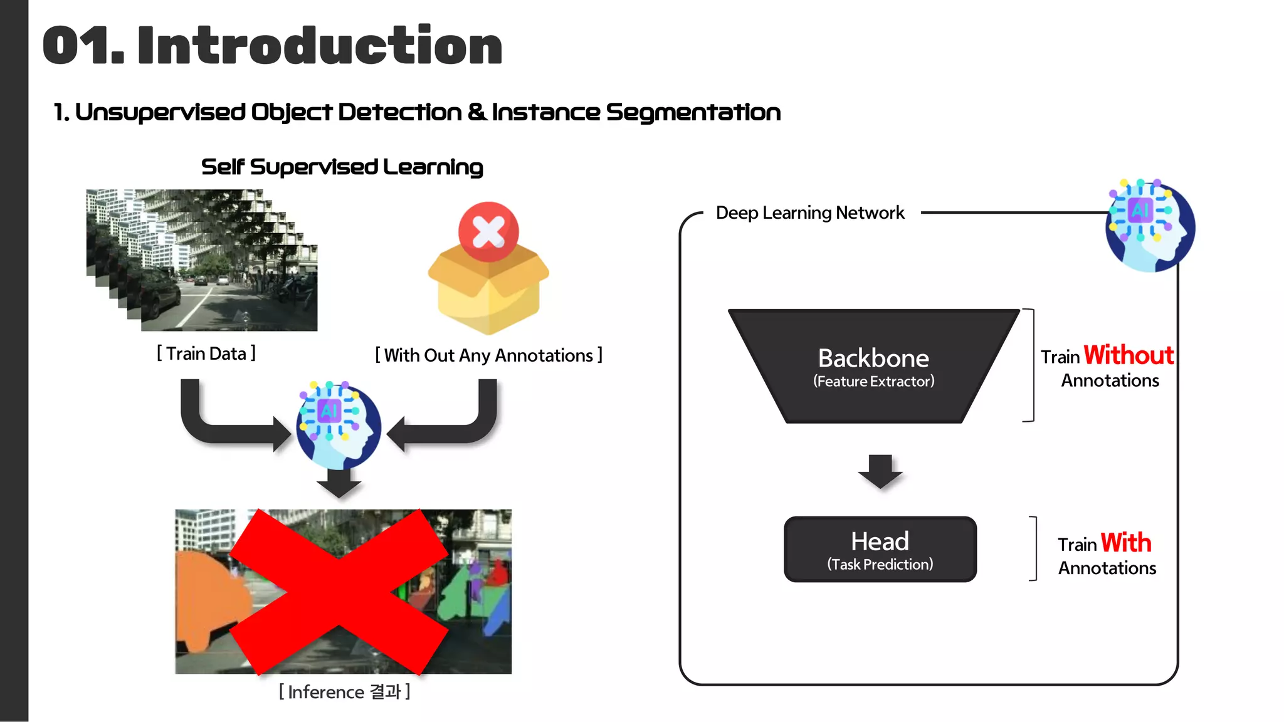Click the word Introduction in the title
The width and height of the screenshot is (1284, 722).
(x=320, y=46)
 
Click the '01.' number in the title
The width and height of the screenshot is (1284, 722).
(x=83, y=46)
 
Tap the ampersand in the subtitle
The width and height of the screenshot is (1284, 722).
(x=476, y=112)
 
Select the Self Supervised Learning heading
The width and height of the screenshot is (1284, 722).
(x=342, y=167)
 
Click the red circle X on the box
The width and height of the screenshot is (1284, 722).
(x=488, y=231)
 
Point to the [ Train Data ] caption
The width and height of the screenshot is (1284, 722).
(x=206, y=353)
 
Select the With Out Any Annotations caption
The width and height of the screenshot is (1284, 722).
(x=488, y=355)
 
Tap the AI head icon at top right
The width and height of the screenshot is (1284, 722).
(x=1150, y=226)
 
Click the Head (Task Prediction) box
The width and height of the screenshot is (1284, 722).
(x=880, y=549)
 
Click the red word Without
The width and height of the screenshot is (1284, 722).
(x=1128, y=355)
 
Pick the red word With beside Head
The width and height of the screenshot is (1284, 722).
(x=1125, y=543)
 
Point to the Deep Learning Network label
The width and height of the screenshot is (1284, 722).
(x=810, y=213)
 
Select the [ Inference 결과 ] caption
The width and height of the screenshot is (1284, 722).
(x=344, y=692)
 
